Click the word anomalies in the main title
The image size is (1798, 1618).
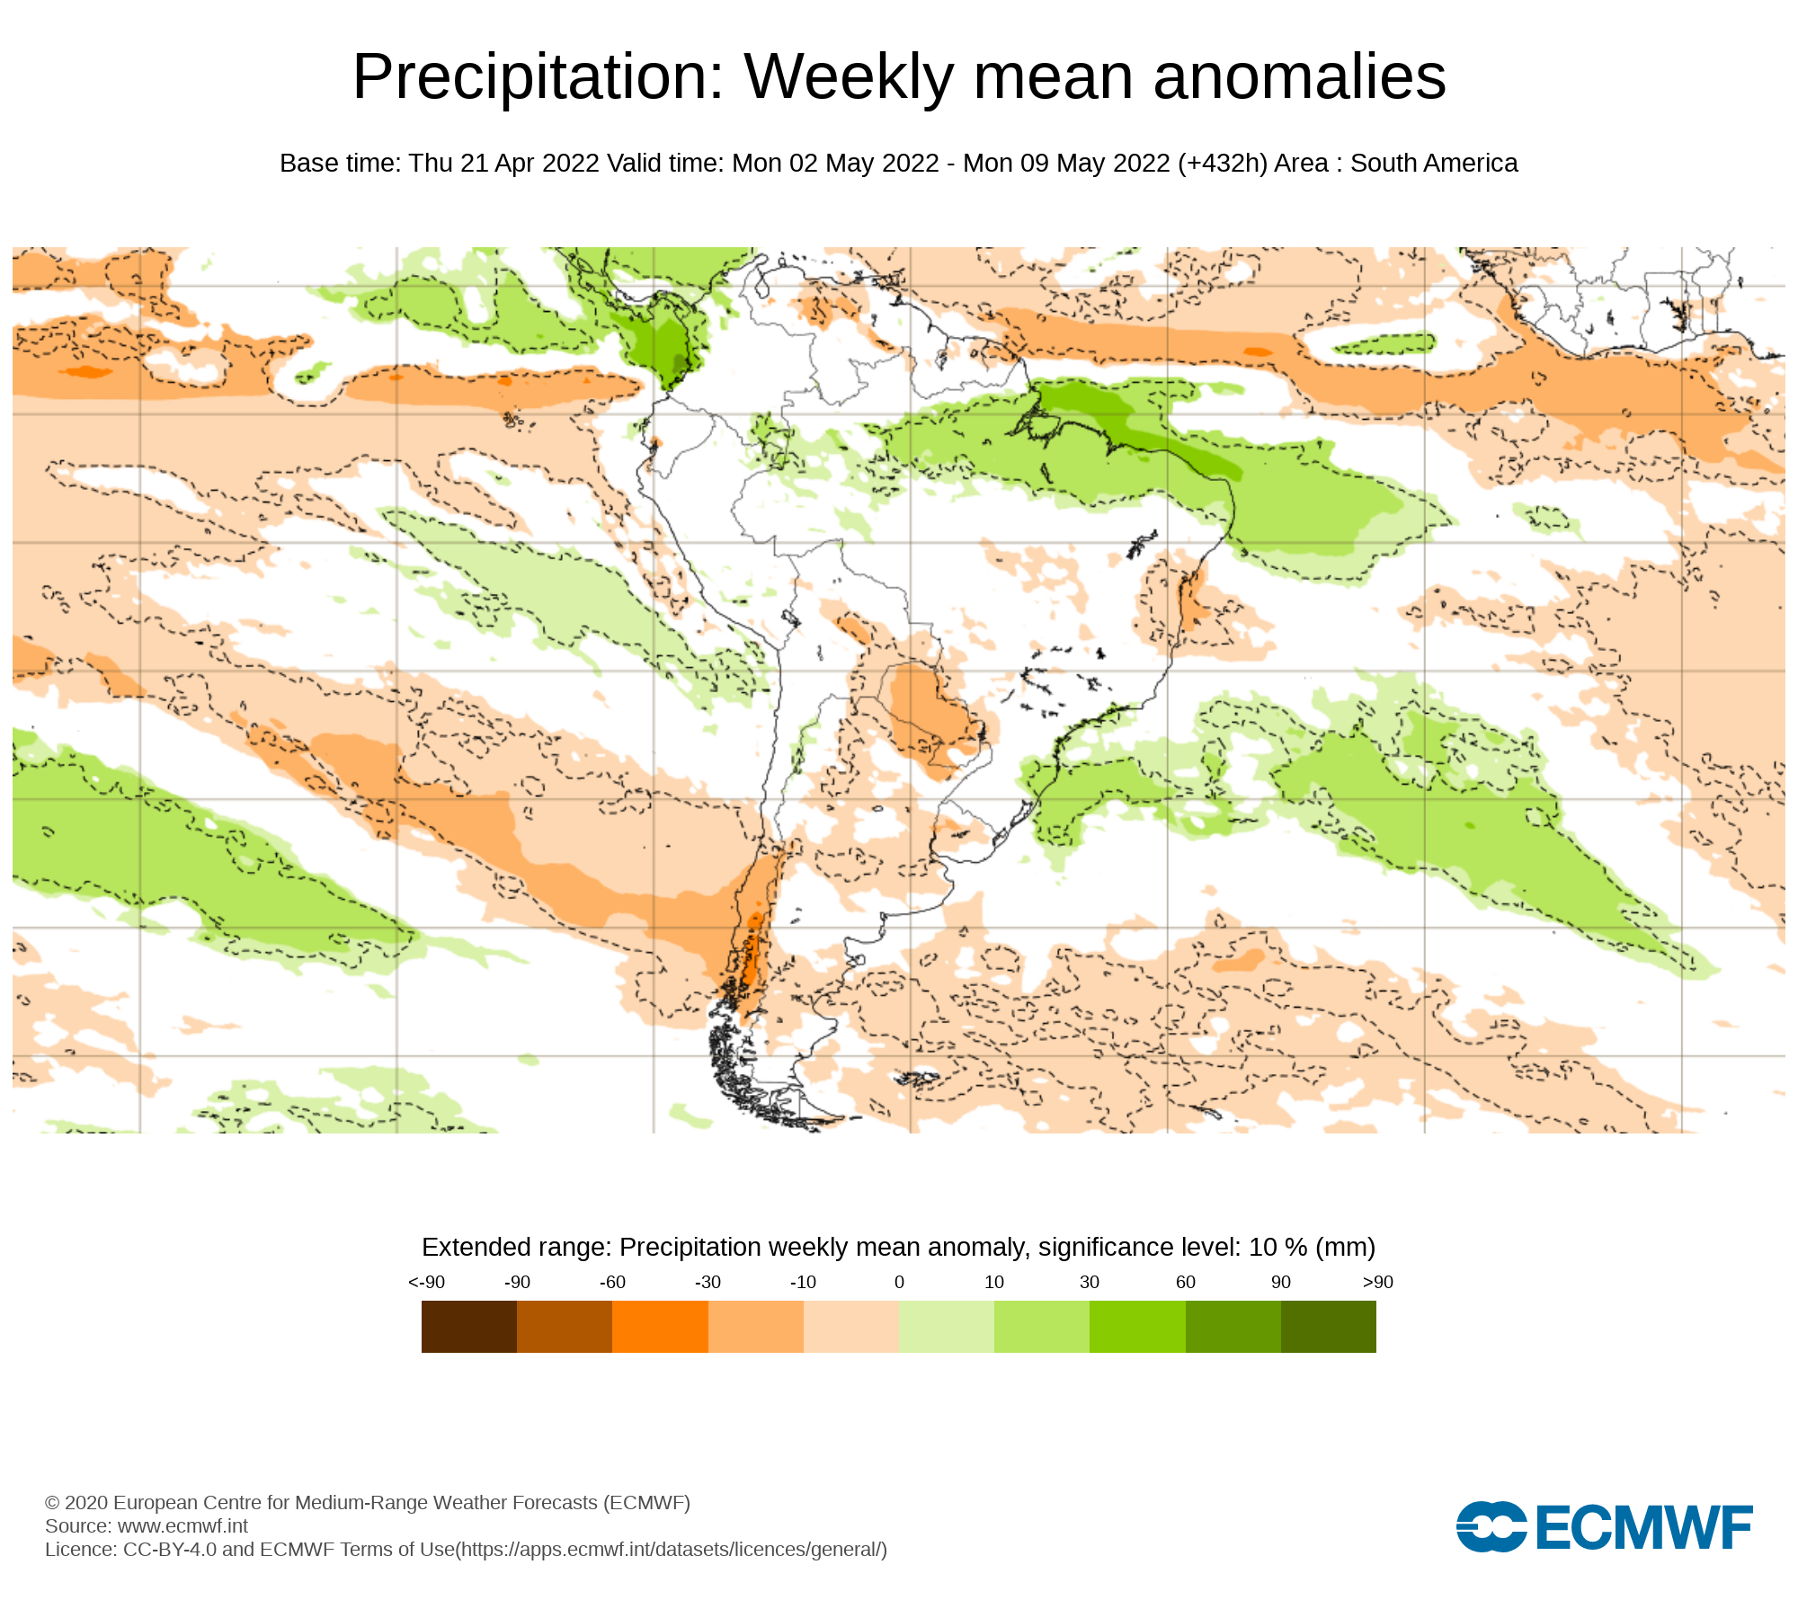pyautogui.click(x=1299, y=77)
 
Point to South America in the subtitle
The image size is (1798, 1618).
pyautogui.click(x=1434, y=164)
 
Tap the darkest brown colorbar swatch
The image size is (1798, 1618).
pyautogui.click(x=469, y=1327)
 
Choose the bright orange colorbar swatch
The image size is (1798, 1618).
pyautogui.click(x=660, y=1327)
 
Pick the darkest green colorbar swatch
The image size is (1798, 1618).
pyautogui.click(x=1329, y=1327)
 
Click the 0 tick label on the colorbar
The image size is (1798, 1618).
pyautogui.click(x=899, y=1283)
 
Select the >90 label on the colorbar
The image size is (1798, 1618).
pyautogui.click(x=1377, y=1283)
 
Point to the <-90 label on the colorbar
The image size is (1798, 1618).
pyautogui.click(x=426, y=1283)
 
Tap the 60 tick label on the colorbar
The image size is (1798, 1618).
pyautogui.click(x=1186, y=1283)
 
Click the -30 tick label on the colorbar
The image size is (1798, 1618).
pyautogui.click(x=708, y=1283)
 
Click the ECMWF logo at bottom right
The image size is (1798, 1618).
pyautogui.click(x=1605, y=1527)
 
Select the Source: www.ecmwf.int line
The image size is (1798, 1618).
pyautogui.click(x=147, y=1526)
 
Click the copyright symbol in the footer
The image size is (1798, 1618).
pyautogui.click(x=52, y=1503)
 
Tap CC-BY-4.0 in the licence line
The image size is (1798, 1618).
pyautogui.click(x=170, y=1550)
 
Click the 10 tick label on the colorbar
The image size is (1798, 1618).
pyautogui.click(x=994, y=1283)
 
